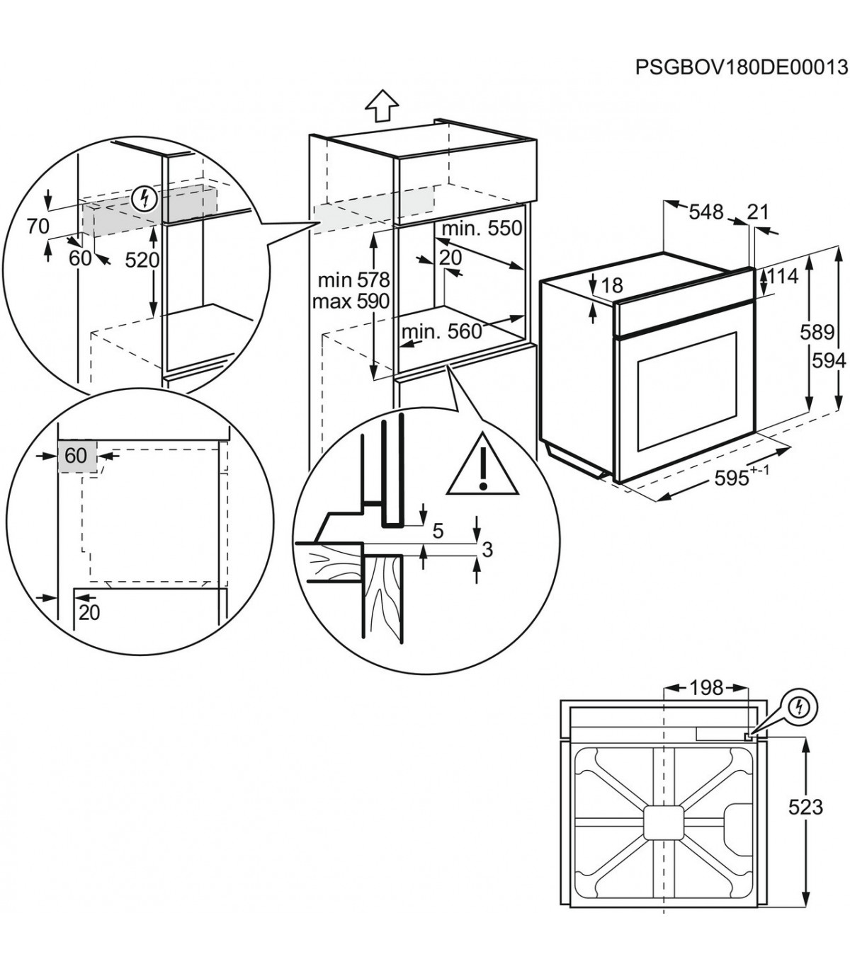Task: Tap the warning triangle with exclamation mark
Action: coord(482,468)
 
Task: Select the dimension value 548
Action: coord(705,212)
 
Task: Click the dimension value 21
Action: coord(757,212)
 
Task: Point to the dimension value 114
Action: coord(783,276)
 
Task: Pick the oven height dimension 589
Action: coord(818,332)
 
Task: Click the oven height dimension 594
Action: coord(829,360)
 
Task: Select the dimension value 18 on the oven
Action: coord(611,285)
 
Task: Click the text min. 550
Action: coord(482,228)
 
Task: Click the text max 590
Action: coord(351,301)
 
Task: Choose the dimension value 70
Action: coord(38,226)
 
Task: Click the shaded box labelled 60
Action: coord(75,456)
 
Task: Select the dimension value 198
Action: coord(705,687)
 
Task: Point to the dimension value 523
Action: coord(805,806)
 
